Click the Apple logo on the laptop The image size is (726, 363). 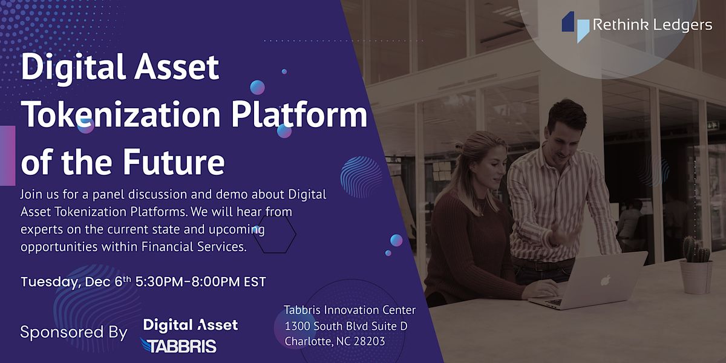pos(605,280)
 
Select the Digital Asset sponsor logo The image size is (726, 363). pos(191,325)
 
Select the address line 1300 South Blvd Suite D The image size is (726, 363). pos(345,325)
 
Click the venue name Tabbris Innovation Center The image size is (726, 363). pos(350,310)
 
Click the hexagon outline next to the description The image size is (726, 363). pos(275,233)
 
